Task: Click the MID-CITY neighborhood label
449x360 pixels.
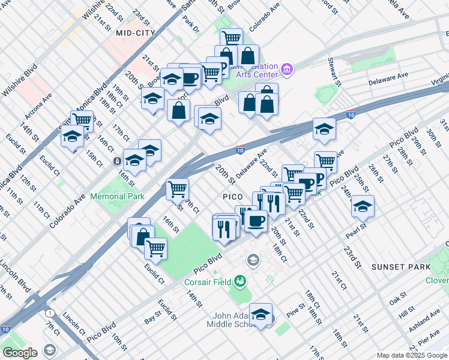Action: (136, 34)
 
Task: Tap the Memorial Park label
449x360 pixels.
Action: (117, 196)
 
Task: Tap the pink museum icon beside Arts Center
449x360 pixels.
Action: (287, 71)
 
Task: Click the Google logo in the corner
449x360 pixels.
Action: (20, 352)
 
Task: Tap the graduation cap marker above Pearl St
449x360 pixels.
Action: (363, 206)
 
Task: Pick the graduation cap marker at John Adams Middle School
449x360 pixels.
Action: (261, 314)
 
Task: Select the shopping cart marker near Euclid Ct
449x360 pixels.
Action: (155, 247)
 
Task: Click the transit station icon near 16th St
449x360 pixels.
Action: (116, 162)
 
